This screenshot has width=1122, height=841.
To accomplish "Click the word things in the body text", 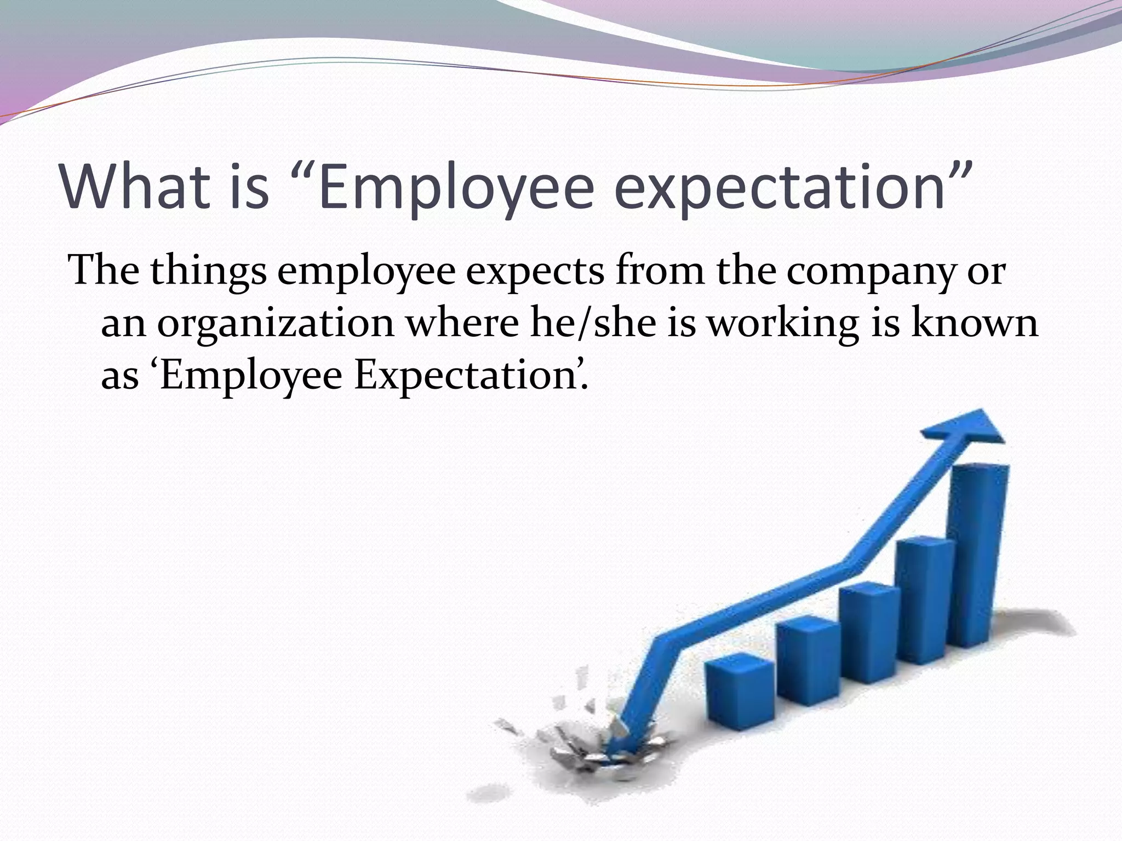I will [x=209, y=272].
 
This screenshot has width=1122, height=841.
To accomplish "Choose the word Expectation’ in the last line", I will [x=471, y=377].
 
